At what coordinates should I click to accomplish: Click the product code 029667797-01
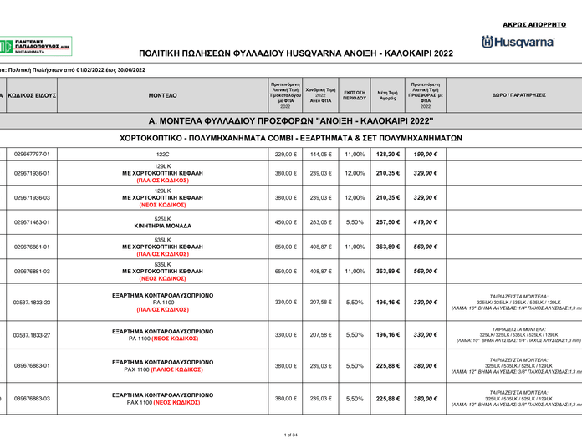33,155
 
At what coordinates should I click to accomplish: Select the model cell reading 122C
162,155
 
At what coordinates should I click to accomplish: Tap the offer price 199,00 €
426,155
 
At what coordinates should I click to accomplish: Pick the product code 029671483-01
33,222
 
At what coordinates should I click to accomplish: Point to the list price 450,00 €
285,222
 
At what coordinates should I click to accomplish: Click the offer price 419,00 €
426,222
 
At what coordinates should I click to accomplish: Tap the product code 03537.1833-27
33,334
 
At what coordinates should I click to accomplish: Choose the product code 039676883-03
33,399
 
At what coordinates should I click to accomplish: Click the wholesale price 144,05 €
320,155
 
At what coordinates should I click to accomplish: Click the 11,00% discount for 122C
355,155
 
